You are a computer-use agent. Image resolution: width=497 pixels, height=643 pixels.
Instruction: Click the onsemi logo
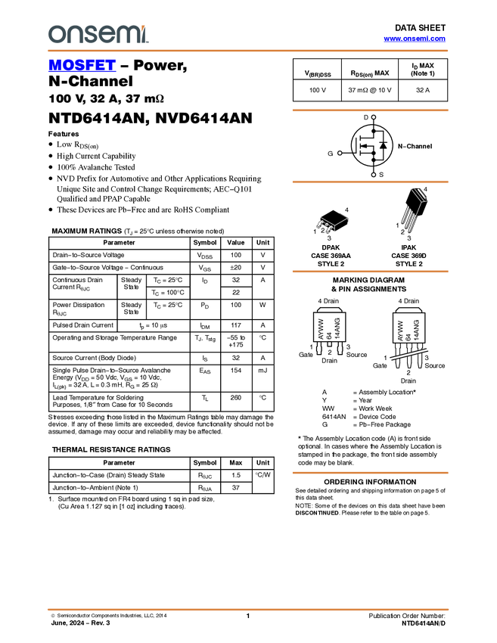[98, 34]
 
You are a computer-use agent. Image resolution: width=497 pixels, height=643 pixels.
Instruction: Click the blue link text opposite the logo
[415, 39]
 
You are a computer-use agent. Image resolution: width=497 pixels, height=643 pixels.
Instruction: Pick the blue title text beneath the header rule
[82, 66]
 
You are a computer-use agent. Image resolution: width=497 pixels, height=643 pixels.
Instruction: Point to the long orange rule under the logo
[248, 51]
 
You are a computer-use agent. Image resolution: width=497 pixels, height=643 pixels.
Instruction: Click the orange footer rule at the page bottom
[248, 609]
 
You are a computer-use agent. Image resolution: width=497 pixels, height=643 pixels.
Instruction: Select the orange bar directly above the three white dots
[370, 110]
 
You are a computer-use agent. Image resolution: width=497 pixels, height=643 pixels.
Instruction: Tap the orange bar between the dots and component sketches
[370, 182]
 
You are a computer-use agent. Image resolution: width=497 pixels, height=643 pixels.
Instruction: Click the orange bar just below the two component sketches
[370, 272]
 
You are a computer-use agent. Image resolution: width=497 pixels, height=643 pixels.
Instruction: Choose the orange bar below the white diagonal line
[370, 473]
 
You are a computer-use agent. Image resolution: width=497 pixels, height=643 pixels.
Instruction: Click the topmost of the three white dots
[374, 117]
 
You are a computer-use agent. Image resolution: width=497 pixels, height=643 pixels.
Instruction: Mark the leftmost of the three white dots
[340, 153]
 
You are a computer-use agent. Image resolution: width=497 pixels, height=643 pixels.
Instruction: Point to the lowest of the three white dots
[374, 175]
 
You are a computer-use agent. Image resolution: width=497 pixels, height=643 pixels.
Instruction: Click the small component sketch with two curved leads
[326, 224]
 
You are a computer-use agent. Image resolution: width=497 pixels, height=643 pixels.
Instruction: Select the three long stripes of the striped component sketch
[409, 218]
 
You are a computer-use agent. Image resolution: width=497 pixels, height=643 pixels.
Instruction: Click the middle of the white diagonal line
[409, 354]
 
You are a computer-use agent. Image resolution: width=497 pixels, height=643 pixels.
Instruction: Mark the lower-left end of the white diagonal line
[390, 359]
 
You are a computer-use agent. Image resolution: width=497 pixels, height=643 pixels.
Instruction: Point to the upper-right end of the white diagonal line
[429, 349]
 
